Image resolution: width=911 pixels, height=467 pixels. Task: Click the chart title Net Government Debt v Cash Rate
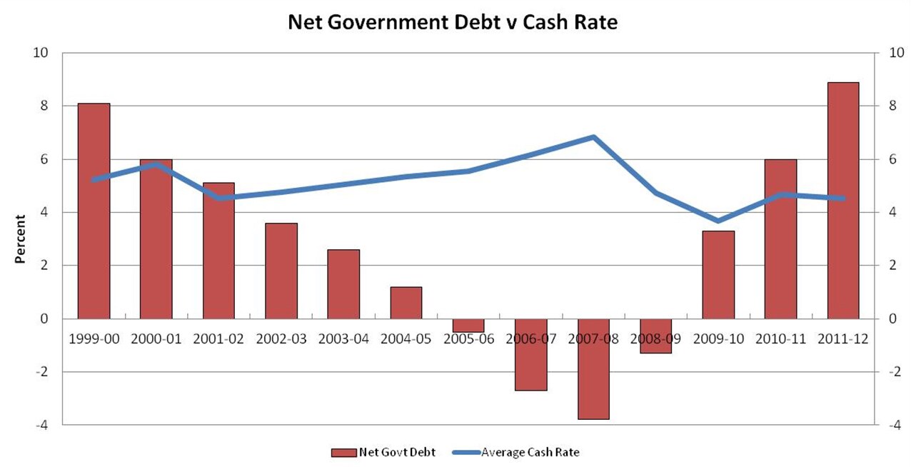[453, 22]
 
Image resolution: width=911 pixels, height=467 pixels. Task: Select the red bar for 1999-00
[94, 211]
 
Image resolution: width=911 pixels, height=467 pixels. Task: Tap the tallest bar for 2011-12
[843, 200]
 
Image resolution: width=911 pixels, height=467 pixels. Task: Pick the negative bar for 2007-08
[593, 368]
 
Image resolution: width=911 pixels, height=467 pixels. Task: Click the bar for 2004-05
[406, 303]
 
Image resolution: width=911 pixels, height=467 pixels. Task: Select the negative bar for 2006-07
[530, 354]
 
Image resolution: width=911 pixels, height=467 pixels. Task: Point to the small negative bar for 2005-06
[468, 326]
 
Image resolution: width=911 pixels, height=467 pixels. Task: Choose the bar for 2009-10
[718, 274]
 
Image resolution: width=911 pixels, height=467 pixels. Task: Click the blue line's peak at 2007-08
[593, 137]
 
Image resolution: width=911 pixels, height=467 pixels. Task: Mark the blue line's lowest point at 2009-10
[718, 221]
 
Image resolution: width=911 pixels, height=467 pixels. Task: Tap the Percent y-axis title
[21, 238]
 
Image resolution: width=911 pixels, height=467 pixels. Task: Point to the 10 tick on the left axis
[42, 53]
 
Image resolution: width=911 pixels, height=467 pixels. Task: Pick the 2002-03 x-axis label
[281, 339]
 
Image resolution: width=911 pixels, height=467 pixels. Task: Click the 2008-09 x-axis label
[655, 339]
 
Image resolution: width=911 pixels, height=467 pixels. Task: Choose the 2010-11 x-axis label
[780, 339]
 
